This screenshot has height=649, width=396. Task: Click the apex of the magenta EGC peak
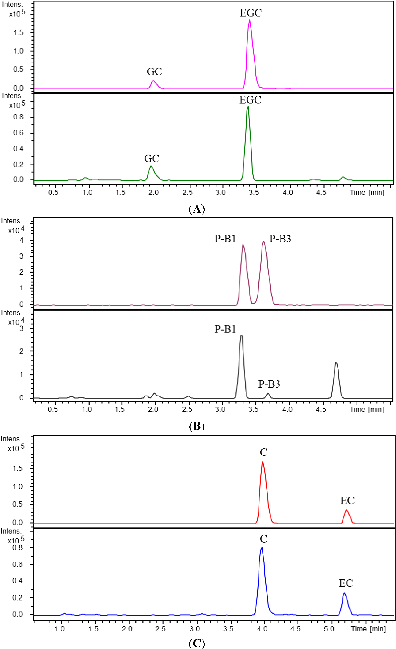coord(250,20)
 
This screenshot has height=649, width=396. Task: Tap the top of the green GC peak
coord(151,166)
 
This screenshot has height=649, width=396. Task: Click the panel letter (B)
coord(197,426)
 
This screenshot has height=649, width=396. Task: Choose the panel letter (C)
coord(197,644)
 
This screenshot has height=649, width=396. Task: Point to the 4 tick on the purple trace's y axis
coord(21,240)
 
